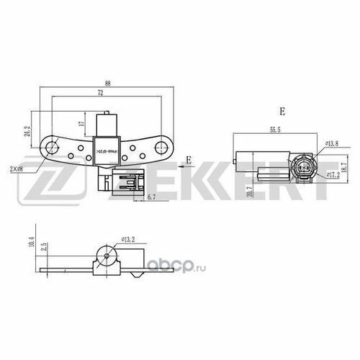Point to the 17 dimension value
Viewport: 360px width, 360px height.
point(84,124)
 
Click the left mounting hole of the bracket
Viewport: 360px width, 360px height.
point(52,149)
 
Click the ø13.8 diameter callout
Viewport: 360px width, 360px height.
point(332,144)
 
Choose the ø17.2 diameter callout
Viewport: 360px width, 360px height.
point(333,174)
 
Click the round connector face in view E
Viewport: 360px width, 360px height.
point(301,170)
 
